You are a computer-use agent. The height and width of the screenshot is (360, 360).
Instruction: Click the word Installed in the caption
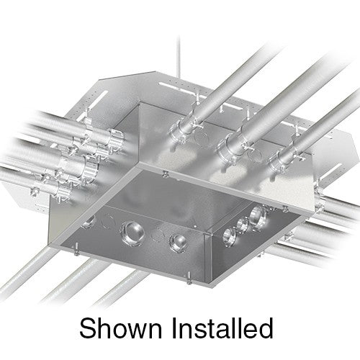click(223, 328)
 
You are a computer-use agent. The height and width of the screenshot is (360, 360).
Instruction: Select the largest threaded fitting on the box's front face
click(132, 231)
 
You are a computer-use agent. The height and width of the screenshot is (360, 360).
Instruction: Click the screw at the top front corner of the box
click(166, 173)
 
